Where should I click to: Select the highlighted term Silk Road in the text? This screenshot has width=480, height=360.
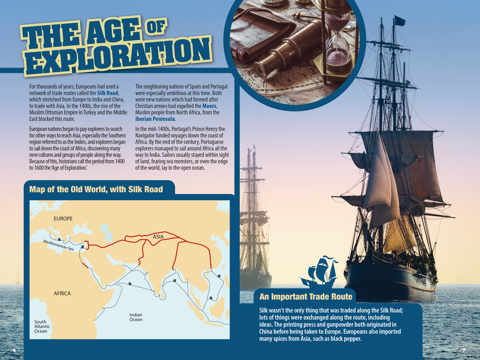108,93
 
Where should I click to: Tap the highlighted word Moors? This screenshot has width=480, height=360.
209,106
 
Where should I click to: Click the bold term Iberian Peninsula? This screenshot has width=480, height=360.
155,119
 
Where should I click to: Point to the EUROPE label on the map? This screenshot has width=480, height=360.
63,219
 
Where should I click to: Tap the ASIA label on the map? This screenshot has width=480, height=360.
158,237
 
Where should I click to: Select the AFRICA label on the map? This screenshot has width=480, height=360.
62,293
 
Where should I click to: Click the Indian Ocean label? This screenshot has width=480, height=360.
136,317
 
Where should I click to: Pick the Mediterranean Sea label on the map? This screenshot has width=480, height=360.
58,245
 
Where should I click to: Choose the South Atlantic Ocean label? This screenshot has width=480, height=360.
42,326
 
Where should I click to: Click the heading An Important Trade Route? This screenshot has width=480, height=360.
306,297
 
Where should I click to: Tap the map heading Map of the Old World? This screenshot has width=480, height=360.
96,190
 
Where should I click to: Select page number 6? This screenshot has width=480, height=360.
14,350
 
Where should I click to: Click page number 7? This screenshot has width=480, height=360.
464,350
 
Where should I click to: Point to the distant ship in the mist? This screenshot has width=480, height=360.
254,223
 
